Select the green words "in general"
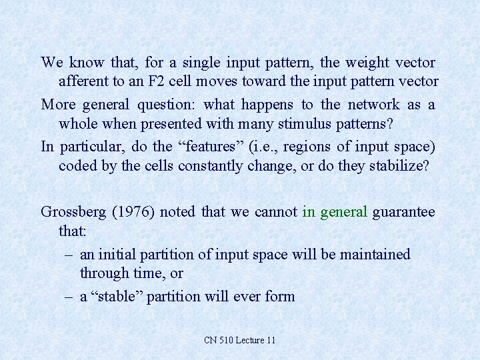pyautogui.click(x=335, y=212)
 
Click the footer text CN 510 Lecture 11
pyautogui.click(x=240, y=340)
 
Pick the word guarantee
pyautogui.click(x=405, y=212)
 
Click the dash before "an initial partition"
pyautogui.click(x=69, y=255)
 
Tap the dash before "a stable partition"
pyautogui.click(x=69, y=297)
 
